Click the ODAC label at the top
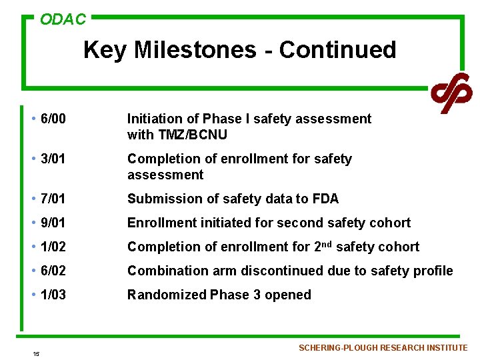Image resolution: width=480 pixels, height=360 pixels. point(63,19)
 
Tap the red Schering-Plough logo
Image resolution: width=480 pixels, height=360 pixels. point(451,93)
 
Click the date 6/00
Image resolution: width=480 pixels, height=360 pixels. point(53,119)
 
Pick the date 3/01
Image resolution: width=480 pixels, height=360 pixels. point(53,159)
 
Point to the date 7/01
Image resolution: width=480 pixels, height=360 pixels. point(53,199)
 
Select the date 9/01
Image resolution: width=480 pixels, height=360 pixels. point(53,223)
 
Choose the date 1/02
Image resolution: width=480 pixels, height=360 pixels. point(53,247)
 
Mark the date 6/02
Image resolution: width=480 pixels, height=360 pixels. point(53,271)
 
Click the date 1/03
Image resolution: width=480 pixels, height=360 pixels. point(53,295)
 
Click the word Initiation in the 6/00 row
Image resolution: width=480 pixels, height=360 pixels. point(155,119)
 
